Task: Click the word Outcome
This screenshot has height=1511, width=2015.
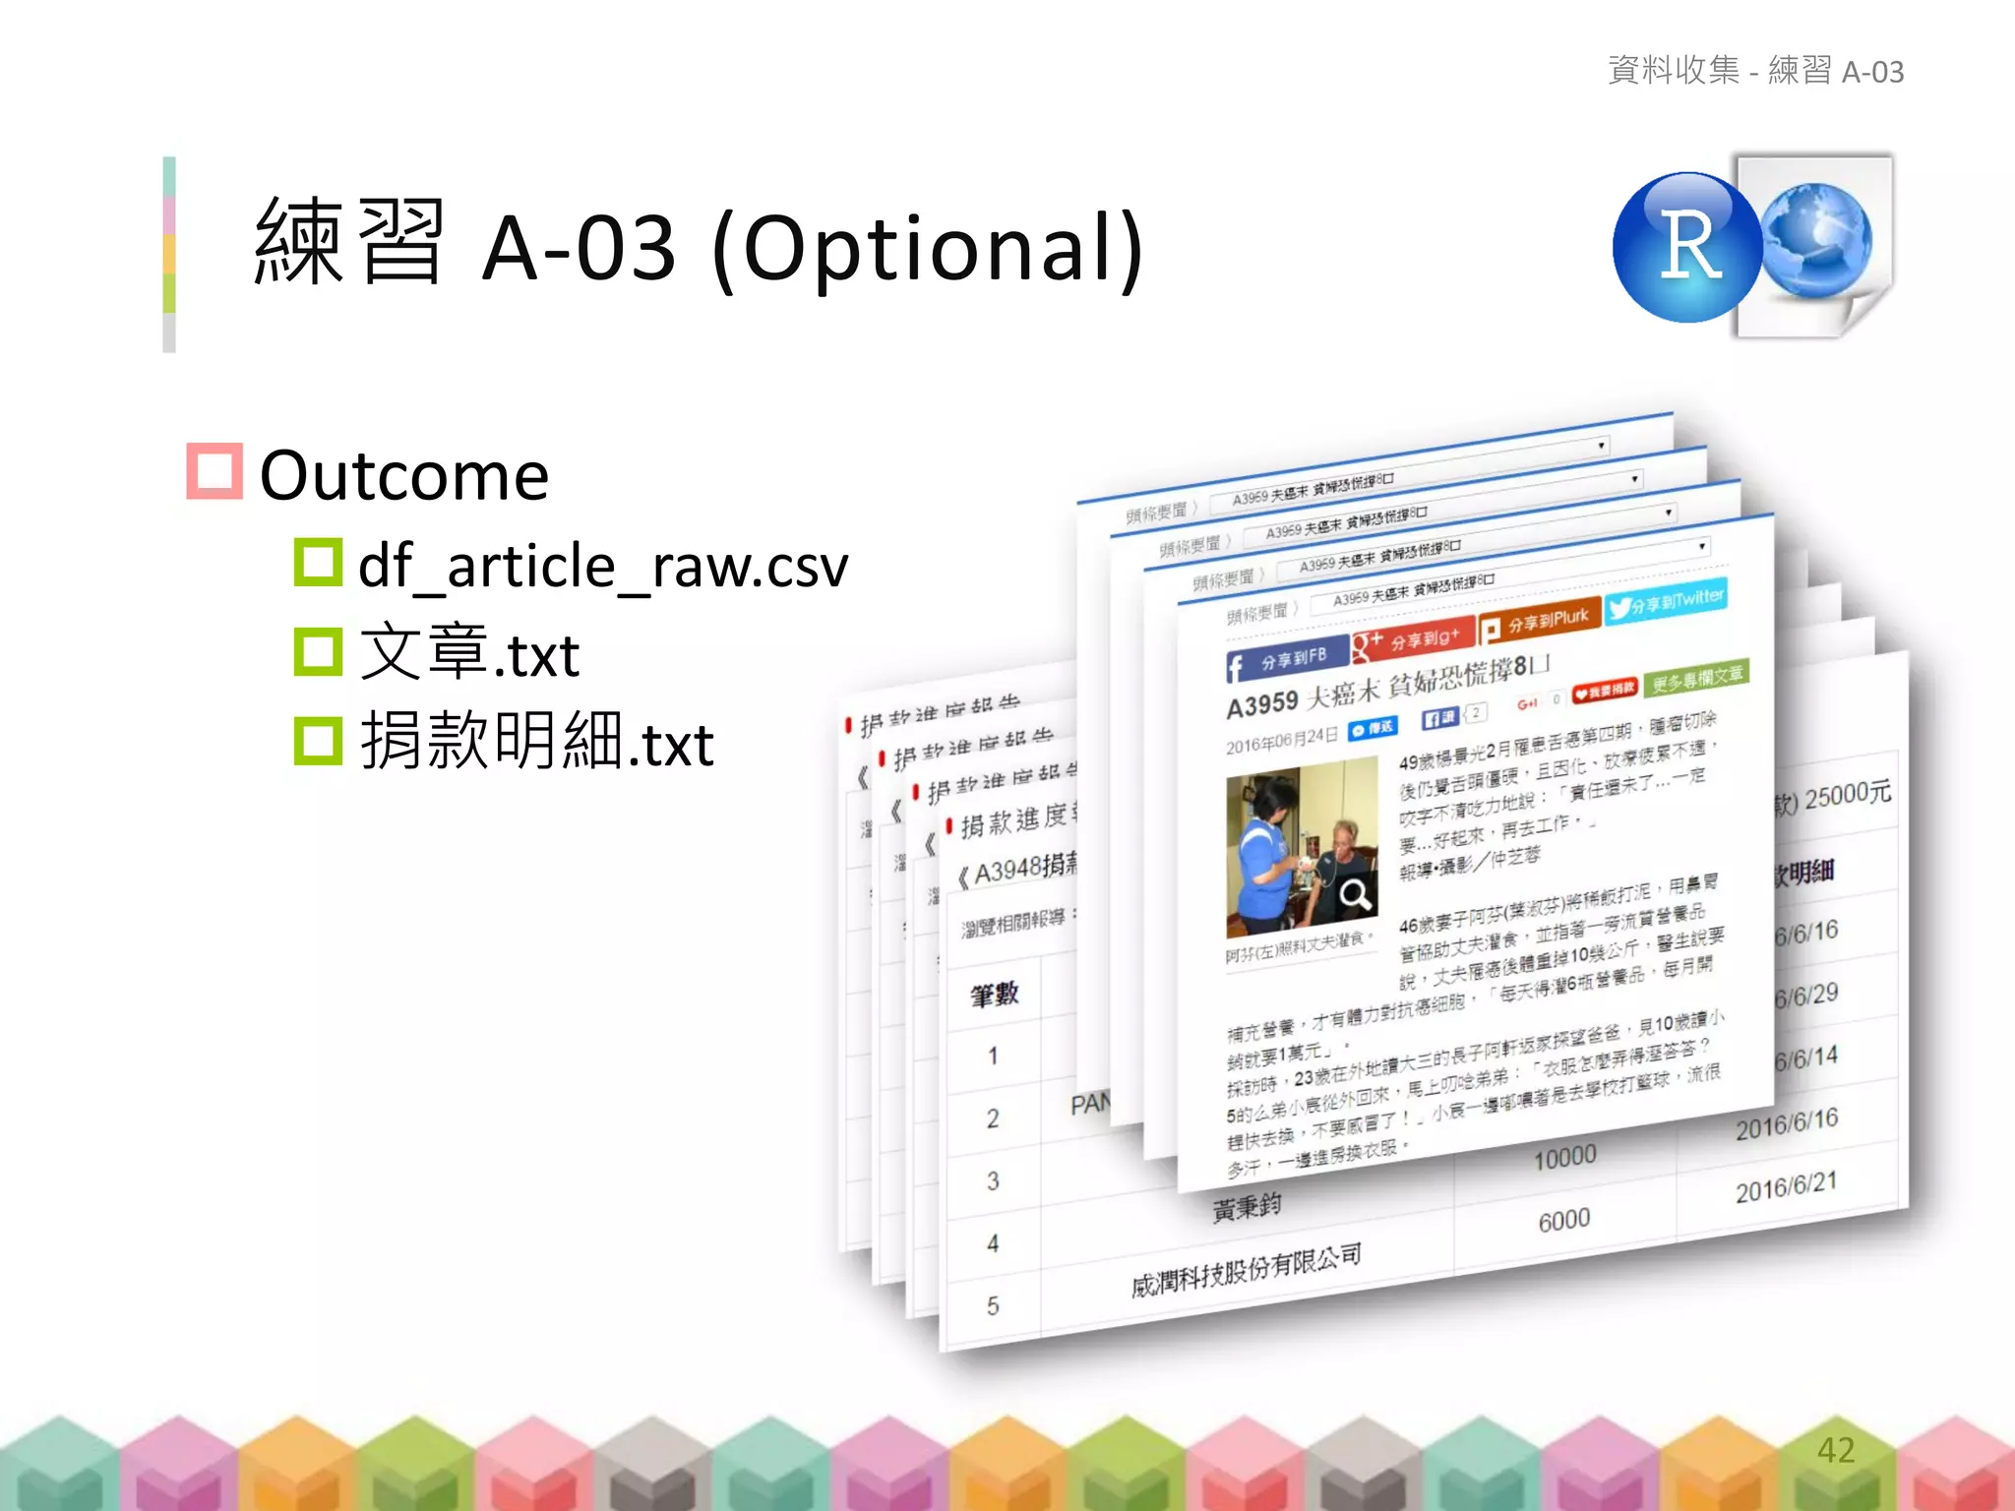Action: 403,476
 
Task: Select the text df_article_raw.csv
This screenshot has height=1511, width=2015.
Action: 602,567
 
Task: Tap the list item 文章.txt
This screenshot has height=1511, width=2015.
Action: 469,654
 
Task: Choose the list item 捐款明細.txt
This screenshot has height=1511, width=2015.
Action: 536,743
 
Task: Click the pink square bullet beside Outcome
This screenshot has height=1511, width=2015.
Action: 214,471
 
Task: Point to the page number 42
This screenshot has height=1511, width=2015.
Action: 1835,1449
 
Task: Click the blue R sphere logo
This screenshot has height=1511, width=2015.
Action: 1687,247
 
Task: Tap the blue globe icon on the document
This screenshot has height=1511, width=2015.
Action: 1816,240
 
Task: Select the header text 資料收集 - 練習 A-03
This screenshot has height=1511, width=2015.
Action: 1755,71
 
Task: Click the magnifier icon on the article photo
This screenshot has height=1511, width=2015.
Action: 1355,894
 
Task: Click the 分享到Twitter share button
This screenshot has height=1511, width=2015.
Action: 1667,601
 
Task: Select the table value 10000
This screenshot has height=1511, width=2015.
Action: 1564,1157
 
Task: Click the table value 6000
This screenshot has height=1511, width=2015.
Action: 1564,1221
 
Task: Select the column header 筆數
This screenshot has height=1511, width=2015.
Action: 994,995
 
